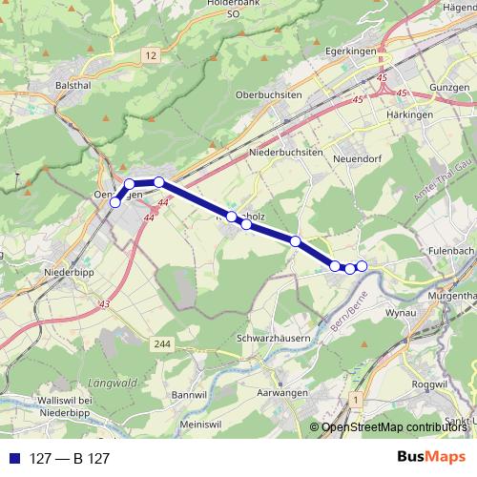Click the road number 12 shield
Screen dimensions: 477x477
(150, 57)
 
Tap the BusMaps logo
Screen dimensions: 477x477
(431, 457)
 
